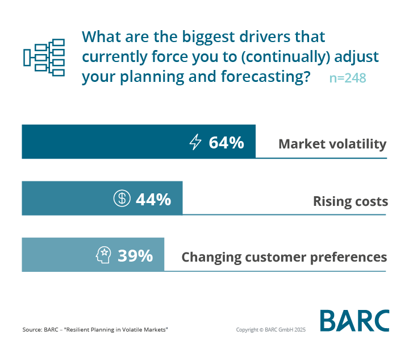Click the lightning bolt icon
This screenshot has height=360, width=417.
(195, 142)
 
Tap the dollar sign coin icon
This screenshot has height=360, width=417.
(122, 198)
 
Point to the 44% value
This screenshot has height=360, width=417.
(153, 199)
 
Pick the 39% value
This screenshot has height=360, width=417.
(135, 256)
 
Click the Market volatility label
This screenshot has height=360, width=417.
(332, 144)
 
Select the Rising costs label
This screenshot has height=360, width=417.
(351, 201)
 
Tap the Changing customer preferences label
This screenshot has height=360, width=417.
(284, 257)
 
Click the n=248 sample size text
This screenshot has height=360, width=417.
(348, 78)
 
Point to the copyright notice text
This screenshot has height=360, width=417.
(270, 330)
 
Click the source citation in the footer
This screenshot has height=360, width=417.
(95, 330)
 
